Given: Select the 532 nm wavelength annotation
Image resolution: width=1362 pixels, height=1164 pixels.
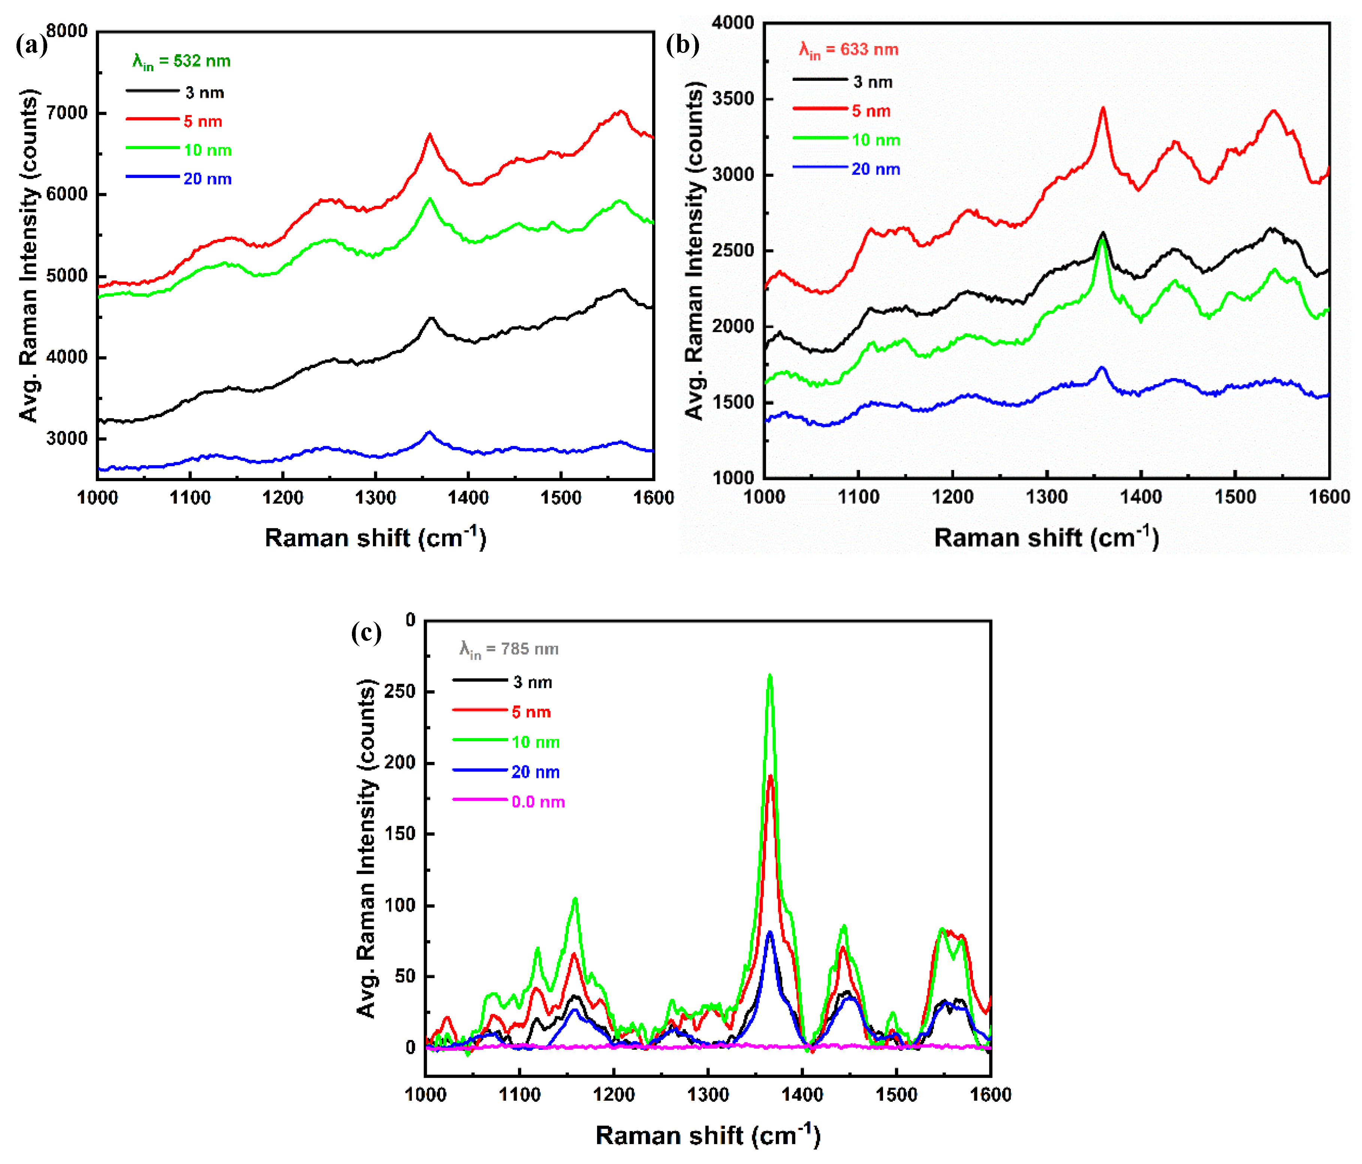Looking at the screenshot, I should [x=181, y=62].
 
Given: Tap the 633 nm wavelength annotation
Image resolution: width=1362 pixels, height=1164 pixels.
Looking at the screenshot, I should [x=848, y=50].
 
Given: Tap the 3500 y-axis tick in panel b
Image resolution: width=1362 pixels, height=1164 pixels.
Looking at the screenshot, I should [x=733, y=99].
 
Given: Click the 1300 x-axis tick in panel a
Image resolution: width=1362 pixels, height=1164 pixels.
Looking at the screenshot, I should [x=375, y=498].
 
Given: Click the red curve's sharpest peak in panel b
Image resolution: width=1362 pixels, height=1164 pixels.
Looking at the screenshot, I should [x=1103, y=108].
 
